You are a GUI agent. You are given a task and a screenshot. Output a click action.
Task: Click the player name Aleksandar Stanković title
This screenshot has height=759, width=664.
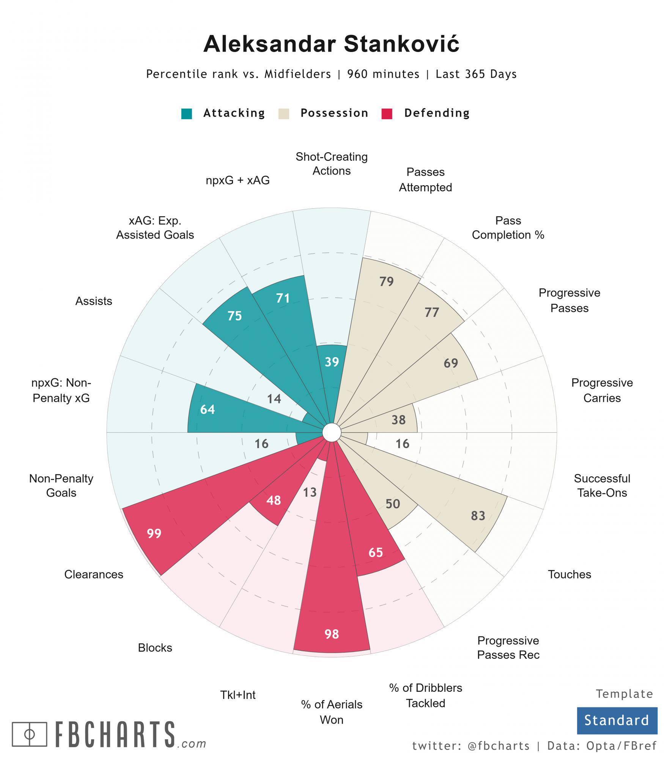tap(331, 44)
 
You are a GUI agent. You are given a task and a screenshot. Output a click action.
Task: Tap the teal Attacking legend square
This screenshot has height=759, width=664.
tap(186, 113)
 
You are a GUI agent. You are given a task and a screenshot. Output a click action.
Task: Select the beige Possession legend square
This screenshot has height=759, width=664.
tap(283, 113)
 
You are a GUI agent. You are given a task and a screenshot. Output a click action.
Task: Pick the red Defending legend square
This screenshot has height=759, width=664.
tap(386, 113)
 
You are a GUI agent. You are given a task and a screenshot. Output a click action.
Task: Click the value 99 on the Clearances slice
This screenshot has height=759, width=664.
tap(154, 533)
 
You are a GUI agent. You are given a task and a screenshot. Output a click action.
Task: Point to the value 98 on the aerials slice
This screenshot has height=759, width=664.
tap(332, 634)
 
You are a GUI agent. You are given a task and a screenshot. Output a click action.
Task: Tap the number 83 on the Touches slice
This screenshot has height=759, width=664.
tap(478, 515)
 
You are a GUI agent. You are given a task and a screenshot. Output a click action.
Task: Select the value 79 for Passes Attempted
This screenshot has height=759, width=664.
tap(386, 281)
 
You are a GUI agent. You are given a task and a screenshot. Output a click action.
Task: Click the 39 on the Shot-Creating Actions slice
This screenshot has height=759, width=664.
tap(332, 362)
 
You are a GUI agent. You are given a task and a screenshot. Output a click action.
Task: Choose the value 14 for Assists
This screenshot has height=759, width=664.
tap(274, 398)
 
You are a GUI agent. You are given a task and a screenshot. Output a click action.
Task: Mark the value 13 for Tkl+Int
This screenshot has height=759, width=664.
tap(310, 492)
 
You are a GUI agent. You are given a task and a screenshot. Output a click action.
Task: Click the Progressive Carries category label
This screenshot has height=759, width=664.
tap(601, 390)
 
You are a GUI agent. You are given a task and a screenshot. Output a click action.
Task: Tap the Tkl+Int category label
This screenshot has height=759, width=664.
tap(238, 694)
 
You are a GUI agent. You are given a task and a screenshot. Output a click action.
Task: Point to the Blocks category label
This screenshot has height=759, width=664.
tap(155, 647)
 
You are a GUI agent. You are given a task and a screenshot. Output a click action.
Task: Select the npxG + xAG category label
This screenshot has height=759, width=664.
tap(238, 180)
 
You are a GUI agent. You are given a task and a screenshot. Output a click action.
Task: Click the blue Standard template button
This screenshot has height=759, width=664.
tap(617, 720)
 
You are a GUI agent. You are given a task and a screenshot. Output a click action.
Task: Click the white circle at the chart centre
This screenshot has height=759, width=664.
tap(332, 432)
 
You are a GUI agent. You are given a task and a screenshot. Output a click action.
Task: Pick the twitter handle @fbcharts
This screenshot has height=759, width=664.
tap(499, 746)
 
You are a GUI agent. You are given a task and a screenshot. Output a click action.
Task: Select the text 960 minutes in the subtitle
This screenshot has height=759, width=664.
tap(383, 74)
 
